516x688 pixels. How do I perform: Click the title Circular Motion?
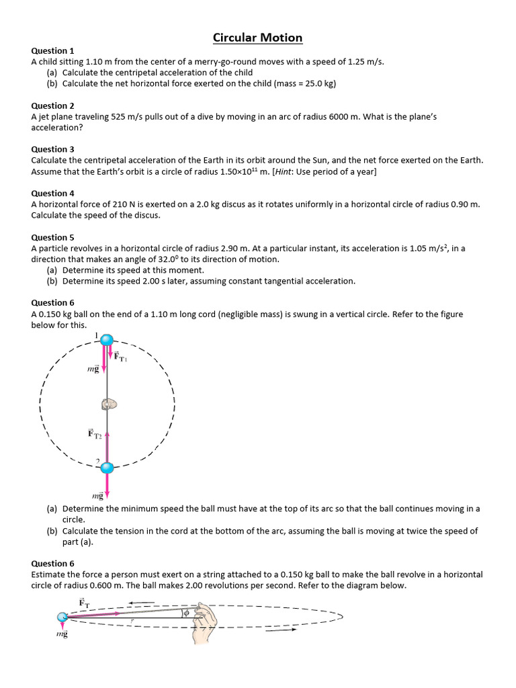(x=257, y=38)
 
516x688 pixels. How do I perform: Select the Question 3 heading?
(x=53, y=149)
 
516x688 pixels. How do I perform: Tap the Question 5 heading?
(x=53, y=237)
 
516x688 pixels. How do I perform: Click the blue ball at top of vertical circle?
(x=107, y=341)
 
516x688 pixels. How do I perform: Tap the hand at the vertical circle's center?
(x=109, y=404)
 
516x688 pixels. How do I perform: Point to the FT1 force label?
(x=120, y=357)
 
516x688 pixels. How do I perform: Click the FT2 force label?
(x=94, y=434)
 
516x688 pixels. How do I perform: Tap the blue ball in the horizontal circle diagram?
(x=62, y=617)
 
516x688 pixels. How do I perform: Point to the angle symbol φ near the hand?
(x=187, y=612)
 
